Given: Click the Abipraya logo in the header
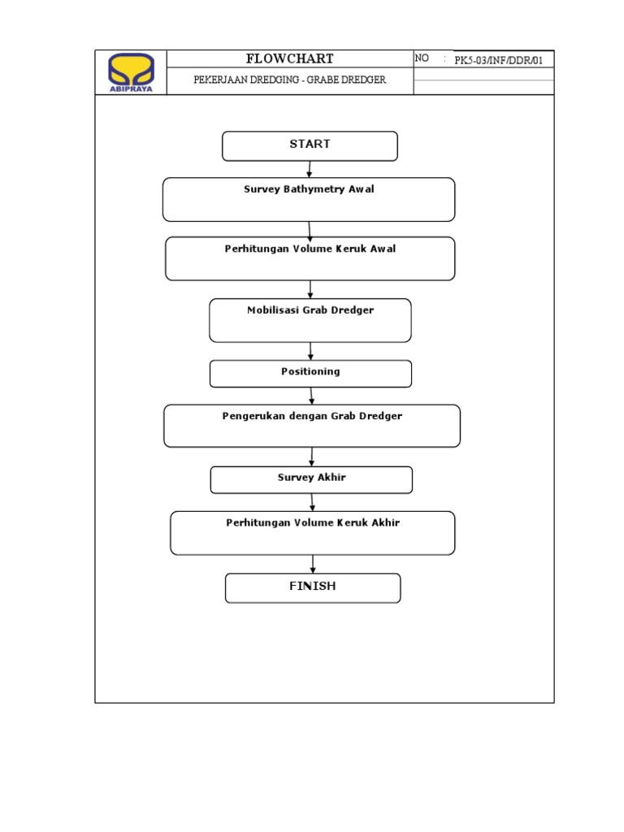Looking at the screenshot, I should tap(131, 72).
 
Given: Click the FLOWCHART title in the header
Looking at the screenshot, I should tap(289, 58).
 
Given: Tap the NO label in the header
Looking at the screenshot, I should tap(422, 58).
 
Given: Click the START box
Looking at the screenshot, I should tap(310, 145).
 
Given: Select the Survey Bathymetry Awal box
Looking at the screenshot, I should tap(309, 199).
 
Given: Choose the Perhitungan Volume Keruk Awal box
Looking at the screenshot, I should tap(310, 258).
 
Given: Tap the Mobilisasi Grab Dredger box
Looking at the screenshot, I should tap(310, 320).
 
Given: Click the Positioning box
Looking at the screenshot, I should tap(310, 373).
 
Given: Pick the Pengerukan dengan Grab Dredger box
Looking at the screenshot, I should tap(312, 426).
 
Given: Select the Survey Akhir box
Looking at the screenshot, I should tap(311, 479).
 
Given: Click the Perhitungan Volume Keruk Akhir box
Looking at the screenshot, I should tap(312, 532).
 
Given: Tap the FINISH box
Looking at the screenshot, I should tap(313, 587).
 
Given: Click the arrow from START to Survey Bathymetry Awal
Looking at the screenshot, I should tap(310, 169).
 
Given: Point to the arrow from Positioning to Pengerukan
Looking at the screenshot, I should tap(311, 396).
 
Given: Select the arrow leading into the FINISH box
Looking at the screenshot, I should tap(313, 564).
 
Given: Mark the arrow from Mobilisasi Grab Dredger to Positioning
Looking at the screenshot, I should tap(310, 351).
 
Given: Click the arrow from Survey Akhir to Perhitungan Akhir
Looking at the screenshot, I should tap(312, 502).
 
